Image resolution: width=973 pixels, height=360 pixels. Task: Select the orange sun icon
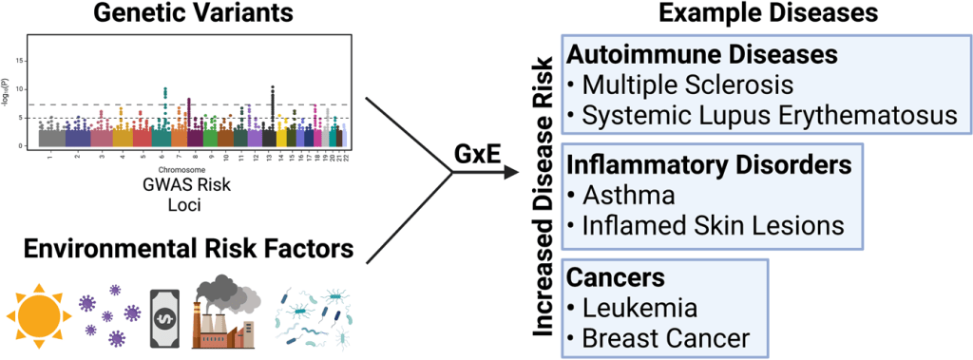(39, 312)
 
